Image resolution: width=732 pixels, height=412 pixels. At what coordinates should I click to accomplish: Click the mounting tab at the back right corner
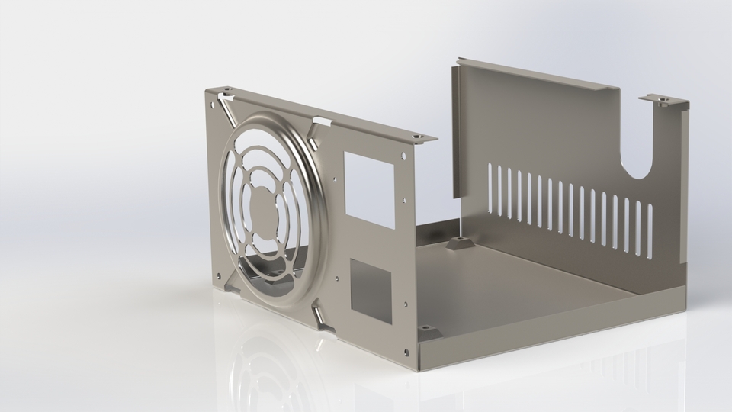point(662,100)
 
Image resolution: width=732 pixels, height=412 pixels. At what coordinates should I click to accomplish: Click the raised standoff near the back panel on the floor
point(459,243)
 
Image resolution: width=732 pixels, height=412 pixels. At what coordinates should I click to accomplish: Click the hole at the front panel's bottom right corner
point(406,352)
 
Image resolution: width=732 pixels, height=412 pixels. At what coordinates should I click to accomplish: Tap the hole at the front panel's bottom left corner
point(220,275)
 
